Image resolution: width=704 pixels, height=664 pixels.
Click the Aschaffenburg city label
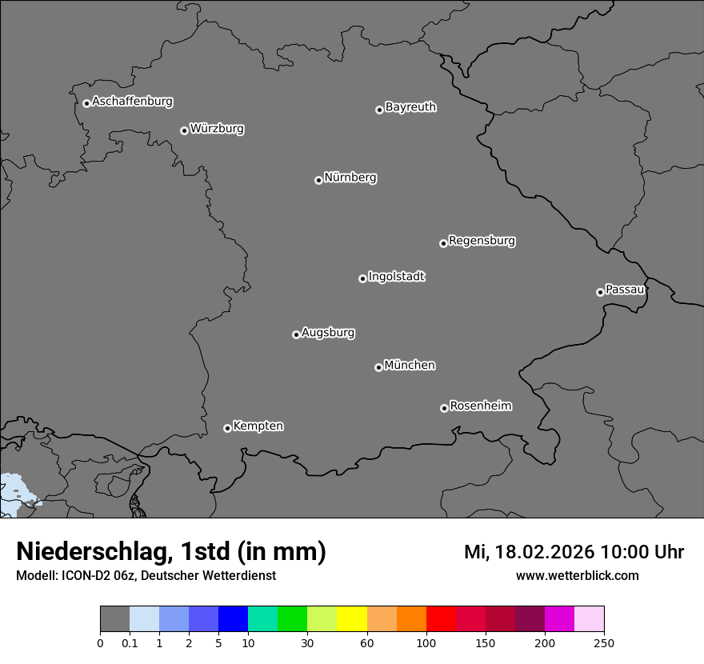coord(132,102)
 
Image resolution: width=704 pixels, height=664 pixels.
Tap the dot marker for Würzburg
coord(184,130)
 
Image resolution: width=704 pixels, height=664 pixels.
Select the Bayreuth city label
coord(410,107)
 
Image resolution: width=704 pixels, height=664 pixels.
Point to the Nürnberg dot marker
coord(318,180)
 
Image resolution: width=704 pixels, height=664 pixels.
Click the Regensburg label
coord(482,241)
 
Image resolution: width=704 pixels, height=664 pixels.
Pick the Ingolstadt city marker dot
coord(362,278)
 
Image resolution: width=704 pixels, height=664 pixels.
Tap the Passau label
coord(625,290)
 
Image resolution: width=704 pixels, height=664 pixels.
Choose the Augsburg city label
coord(328,333)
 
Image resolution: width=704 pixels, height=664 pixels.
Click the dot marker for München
coord(378,367)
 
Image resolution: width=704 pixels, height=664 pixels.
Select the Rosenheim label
coord(480,406)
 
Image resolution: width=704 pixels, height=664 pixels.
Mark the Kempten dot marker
coord(227,428)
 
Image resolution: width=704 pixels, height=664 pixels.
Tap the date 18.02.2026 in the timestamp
coord(544,552)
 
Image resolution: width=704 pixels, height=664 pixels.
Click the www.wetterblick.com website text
coord(577,575)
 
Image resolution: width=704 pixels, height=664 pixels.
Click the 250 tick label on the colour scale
coord(604,642)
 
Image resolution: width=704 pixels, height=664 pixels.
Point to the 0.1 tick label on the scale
coord(130,642)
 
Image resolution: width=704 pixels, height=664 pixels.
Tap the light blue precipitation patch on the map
coord(12,492)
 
